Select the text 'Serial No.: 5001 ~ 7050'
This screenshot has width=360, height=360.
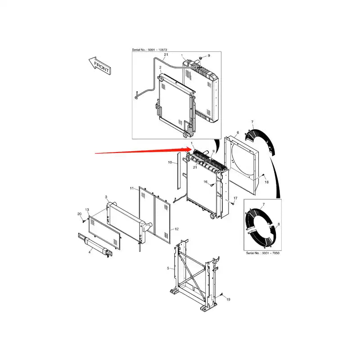coord(263,254)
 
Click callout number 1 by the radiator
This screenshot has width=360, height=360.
coord(192,143)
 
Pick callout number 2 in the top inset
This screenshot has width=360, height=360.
coord(160,67)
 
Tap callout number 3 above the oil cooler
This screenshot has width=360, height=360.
coord(106,197)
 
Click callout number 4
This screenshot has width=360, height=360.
coord(90,252)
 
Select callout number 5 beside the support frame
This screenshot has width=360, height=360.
coord(168,268)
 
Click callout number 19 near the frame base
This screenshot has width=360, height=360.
coord(228,299)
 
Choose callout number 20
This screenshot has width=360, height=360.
coord(79,214)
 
